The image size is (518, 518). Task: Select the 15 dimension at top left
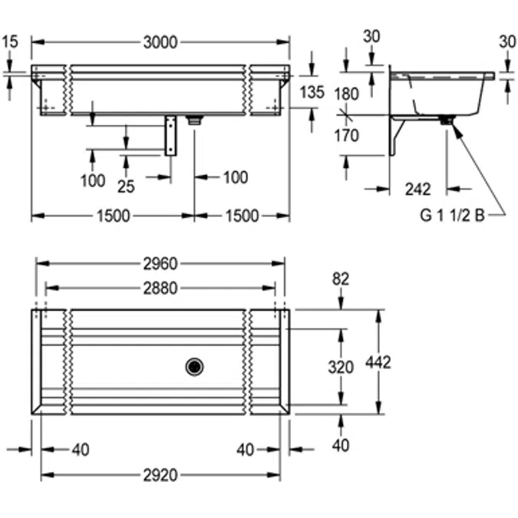[x=9, y=42]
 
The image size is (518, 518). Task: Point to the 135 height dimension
[x=312, y=93]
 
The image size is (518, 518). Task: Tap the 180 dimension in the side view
[x=348, y=94]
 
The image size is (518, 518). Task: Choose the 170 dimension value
[x=348, y=136]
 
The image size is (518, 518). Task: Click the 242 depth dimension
[x=417, y=189]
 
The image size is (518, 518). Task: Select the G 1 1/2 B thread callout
[x=452, y=216]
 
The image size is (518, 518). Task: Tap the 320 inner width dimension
[x=341, y=367]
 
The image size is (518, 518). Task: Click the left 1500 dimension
[x=113, y=216]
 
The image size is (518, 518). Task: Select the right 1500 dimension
[x=242, y=216]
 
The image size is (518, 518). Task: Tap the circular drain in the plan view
[x=195, y=367]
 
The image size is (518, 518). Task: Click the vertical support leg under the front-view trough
[x=170, y=136]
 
